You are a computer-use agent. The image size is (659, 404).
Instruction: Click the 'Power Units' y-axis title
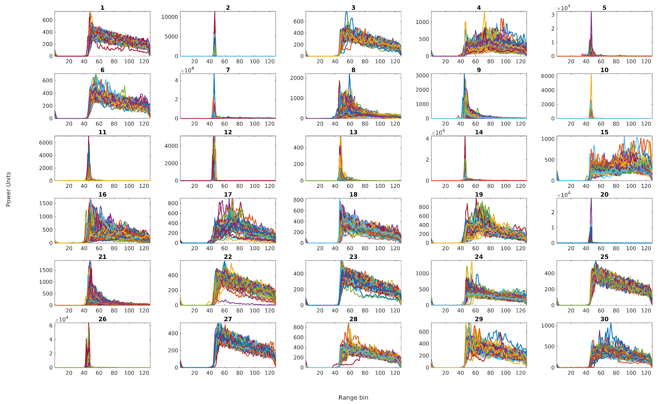point(8,189)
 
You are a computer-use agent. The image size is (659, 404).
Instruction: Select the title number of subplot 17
point(228,194)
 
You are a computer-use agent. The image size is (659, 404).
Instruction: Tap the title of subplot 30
point(604,319)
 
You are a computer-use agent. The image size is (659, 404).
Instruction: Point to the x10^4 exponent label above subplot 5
point(564,8)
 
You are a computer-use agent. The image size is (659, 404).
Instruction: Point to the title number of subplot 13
point(353,132)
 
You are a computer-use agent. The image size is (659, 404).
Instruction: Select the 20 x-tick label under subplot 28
point(320,373)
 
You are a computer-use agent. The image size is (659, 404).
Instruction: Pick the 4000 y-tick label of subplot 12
point(171,146)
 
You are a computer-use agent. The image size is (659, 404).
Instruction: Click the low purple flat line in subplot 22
point(241,303)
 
